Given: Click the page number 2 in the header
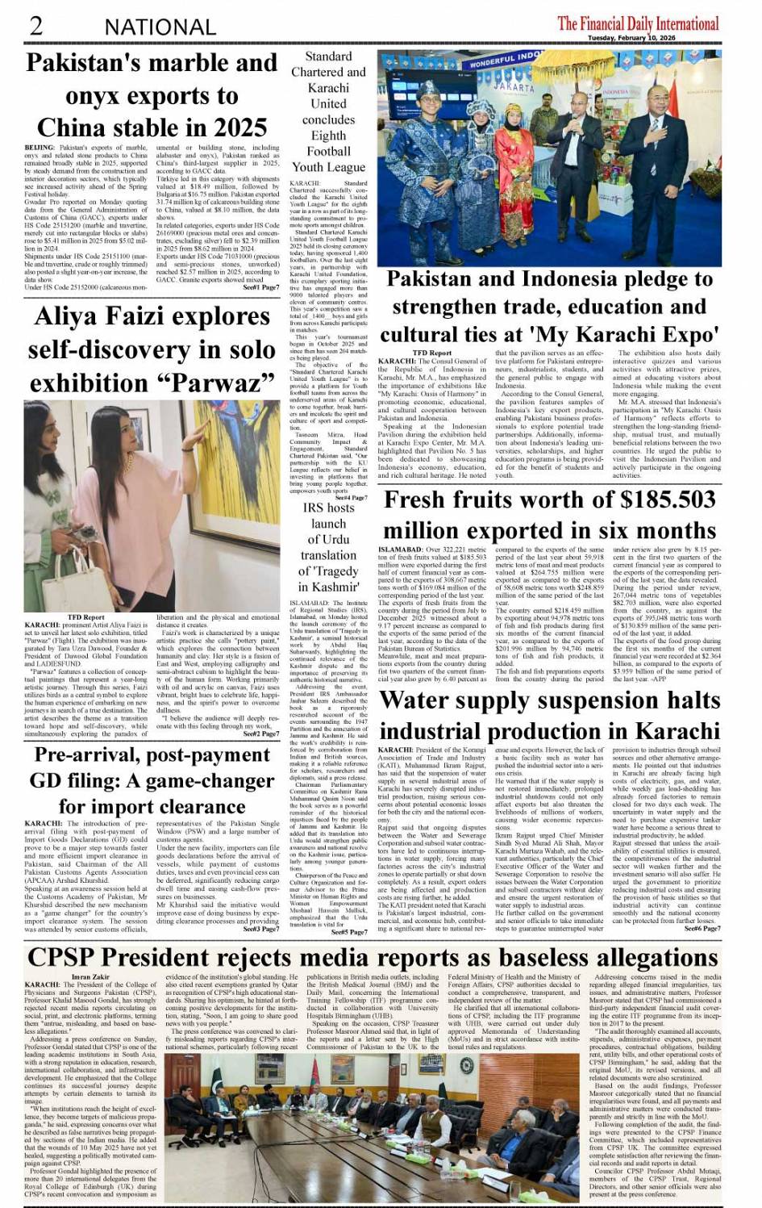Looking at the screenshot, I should point(36,25).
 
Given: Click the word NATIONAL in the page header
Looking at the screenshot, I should point(160,27).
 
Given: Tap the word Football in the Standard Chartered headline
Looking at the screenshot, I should point(328,151).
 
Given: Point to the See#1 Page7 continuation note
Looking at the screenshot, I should point(261,287).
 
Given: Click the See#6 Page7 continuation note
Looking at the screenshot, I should point(702,929).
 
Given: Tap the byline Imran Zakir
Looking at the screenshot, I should point(90,977).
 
